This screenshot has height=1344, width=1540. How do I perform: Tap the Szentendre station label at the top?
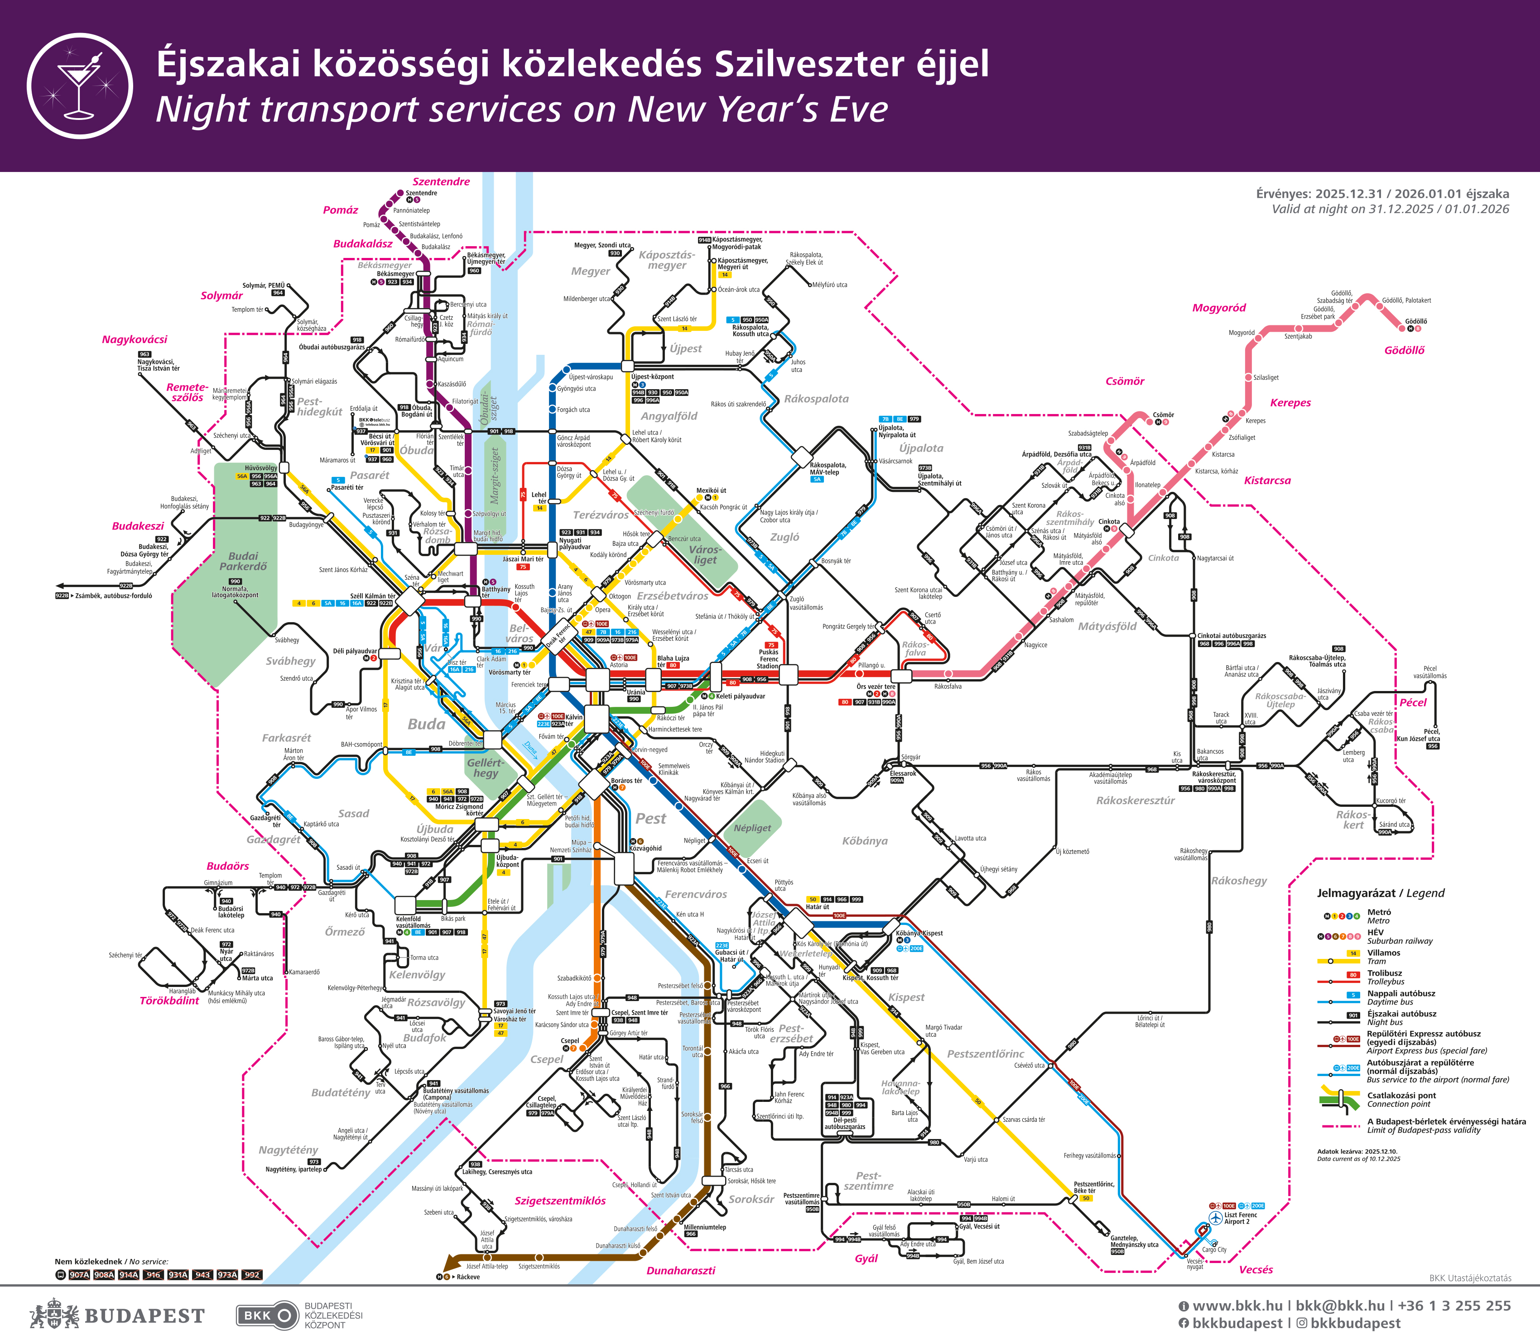tap(421, 193)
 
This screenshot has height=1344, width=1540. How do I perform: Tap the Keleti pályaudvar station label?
tap(740, 696)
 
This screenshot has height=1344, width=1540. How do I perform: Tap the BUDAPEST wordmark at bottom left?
tap(144, 1316)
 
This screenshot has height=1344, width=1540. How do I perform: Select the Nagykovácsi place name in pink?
tap(135, 340)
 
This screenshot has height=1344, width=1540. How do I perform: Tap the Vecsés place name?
tap(1256, 1270)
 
